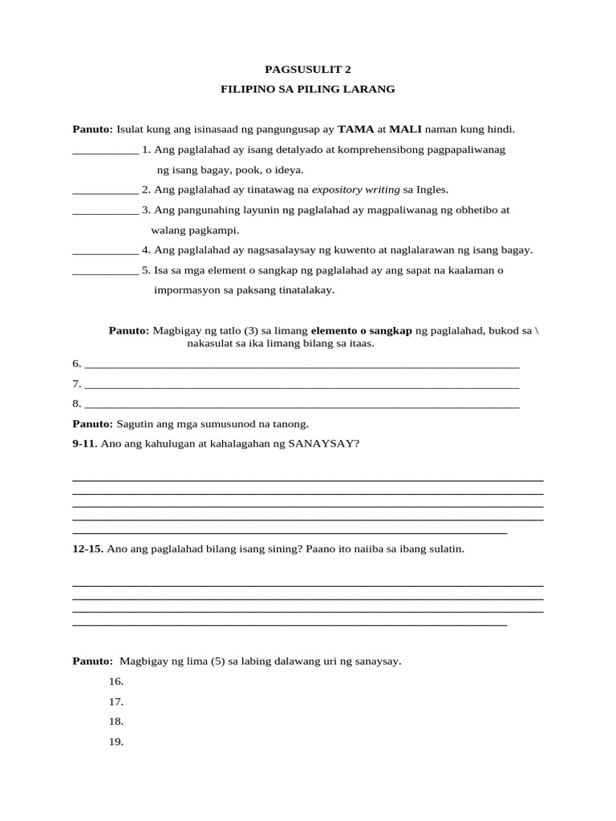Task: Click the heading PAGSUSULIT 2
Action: coord(308,69)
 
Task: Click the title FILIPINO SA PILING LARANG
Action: coord(308,89)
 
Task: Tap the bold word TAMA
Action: coord(355,129)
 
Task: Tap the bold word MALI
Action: coord(405,129)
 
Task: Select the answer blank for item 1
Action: coord(105,150)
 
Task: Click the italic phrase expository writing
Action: coord(356,190)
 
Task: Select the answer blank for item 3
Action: coord(105,210)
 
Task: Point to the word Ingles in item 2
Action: coord(431,190)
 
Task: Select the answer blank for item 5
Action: coord(105,271)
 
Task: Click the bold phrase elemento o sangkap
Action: coord(361,330)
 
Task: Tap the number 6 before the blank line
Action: coord(76,363)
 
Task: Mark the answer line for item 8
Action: coord(302,404)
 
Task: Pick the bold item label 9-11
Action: coord(84,443)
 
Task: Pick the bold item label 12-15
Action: coord(87,549)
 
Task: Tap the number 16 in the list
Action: coord(116,681)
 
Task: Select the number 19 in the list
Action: coord(116,742)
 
